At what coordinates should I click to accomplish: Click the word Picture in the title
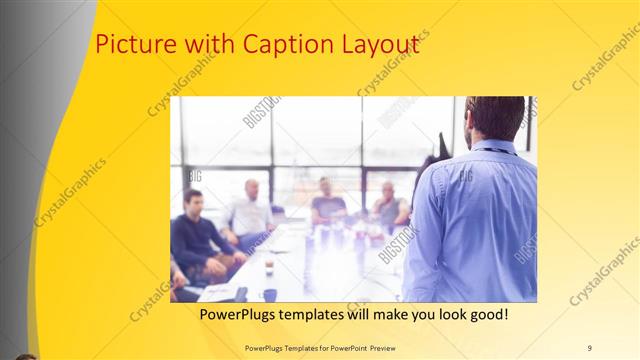(x=127, y=45)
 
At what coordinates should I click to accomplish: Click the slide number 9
(x=589, y=347)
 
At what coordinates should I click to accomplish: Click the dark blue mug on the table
(x=270, y=294)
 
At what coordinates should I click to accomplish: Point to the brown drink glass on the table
(x=269, y=265)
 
